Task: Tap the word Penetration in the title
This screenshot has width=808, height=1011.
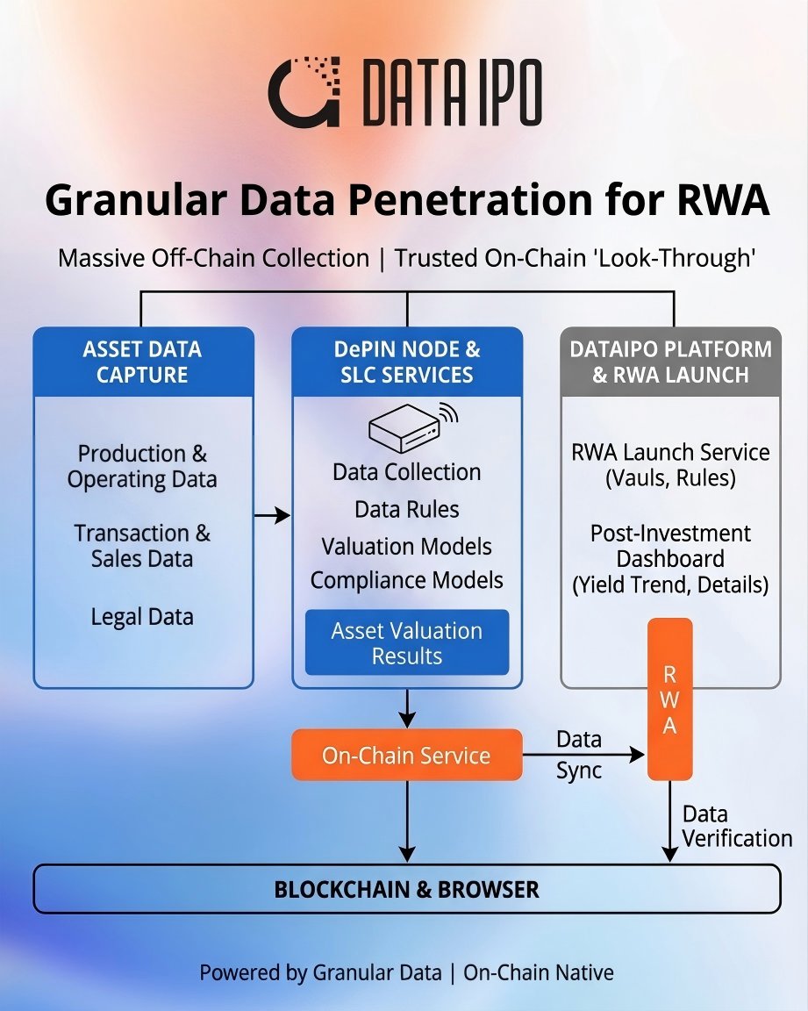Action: tap(471, 199)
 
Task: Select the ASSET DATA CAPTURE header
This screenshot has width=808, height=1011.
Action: tap(142, 362)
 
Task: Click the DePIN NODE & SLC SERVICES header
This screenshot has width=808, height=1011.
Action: tap(406, 362)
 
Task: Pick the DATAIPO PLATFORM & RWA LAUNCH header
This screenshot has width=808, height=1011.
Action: tap(671, 362)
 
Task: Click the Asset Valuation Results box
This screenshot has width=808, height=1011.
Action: tap(406, 642)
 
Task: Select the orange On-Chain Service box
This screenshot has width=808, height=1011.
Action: tap(406, 755)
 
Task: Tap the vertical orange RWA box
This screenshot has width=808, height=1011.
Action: tap(670, 699)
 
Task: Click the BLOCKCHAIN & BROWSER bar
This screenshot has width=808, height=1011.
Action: tap(406, 889)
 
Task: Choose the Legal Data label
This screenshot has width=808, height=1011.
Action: tap(142, 617)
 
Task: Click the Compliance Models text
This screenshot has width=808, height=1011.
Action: tap(406, 580)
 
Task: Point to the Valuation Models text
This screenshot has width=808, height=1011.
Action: tap(406, 547)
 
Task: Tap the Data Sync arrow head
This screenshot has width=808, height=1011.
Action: tap(637, 755)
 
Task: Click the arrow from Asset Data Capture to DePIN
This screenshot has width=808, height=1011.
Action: tap(272, 515)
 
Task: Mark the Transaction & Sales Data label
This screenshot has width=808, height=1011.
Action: tap(142, 546)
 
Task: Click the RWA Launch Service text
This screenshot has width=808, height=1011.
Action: tap(671, 452)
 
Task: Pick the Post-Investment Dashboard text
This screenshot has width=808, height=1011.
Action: tap(671, 546)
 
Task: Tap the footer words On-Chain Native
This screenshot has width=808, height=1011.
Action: tap(539, 972)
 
